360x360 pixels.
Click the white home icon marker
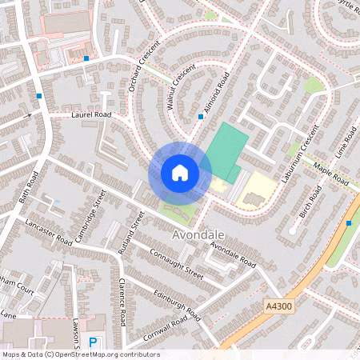tap(180, 172)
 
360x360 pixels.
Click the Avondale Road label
tap(233, 255)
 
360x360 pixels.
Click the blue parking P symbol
tap(94, 342)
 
